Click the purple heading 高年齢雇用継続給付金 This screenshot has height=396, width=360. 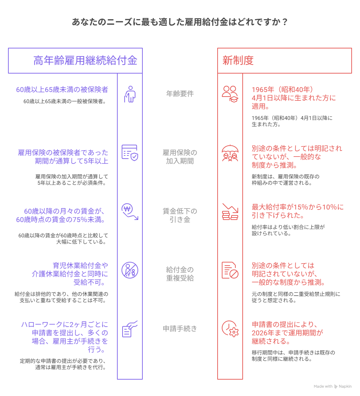click(x=85, y=61)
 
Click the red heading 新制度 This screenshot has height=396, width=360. click(x=238, y=61)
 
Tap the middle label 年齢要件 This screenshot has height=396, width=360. click(x=180, y=94)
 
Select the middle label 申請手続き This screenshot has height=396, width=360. click(x=180, y=329)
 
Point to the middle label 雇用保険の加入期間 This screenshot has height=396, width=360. click(x=180, y=157)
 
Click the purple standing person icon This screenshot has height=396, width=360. click(x=130, y=94)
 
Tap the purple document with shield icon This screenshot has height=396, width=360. click(x=130, y=153)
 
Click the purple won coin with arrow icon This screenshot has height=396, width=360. click(x=130, y=212)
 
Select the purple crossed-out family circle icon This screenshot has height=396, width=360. click(x=130, y=270)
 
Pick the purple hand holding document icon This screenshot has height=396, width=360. click(x=130, y=329)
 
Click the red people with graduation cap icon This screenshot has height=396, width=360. click(x=230, y=94)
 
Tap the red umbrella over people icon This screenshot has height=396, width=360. click(x=230, y=153)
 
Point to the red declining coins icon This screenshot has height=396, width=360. click(x=230, y=212)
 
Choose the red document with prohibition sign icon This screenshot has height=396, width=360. click(x=230, y=270)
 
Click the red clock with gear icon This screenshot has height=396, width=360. click(x=230, y=329)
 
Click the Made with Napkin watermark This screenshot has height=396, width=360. click(x=332, y=386)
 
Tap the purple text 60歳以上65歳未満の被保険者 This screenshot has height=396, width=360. click(x=62, y=90)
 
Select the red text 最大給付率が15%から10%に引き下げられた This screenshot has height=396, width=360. click(x=298, y=211)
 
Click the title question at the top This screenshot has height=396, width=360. click(x=180, y=22)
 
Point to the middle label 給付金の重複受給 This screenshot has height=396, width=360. click(x=180, y=274)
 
